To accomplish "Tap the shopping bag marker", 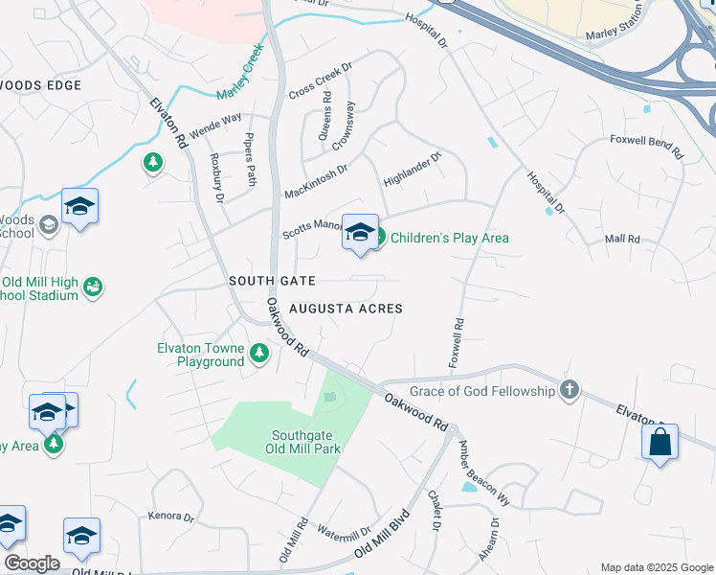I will [x=660, y=442].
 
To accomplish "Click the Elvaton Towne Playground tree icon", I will [x=258, y=355].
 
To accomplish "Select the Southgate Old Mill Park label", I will [x=304, y=441].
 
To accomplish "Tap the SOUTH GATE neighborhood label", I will [x=272, y=280].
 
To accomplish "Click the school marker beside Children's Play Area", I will [x=360, y=232].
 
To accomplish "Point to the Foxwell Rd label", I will [x=457, y=343].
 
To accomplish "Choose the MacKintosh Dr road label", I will [x=315, y=181].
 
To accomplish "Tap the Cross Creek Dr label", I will [x=321, y=82].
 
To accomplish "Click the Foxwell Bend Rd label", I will [x=647, y=146].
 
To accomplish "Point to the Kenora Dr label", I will [x=171, y=516].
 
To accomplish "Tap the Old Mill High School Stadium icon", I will [x=93, y=287].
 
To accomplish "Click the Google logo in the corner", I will [x=31, y=563].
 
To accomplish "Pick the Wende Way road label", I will [x=215, y=126].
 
